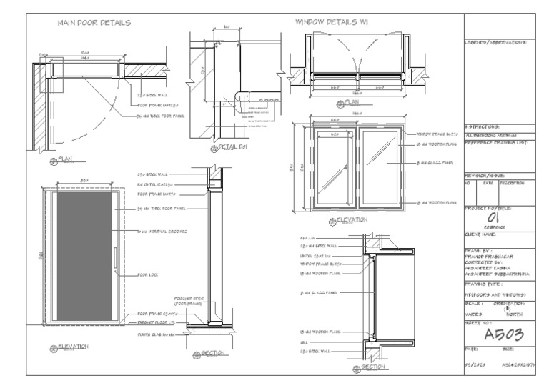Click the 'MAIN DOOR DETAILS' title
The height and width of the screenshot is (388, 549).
click(93, 22)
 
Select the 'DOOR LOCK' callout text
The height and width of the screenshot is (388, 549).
click(147, 274)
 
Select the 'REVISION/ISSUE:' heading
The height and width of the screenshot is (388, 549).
click(485, 175)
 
